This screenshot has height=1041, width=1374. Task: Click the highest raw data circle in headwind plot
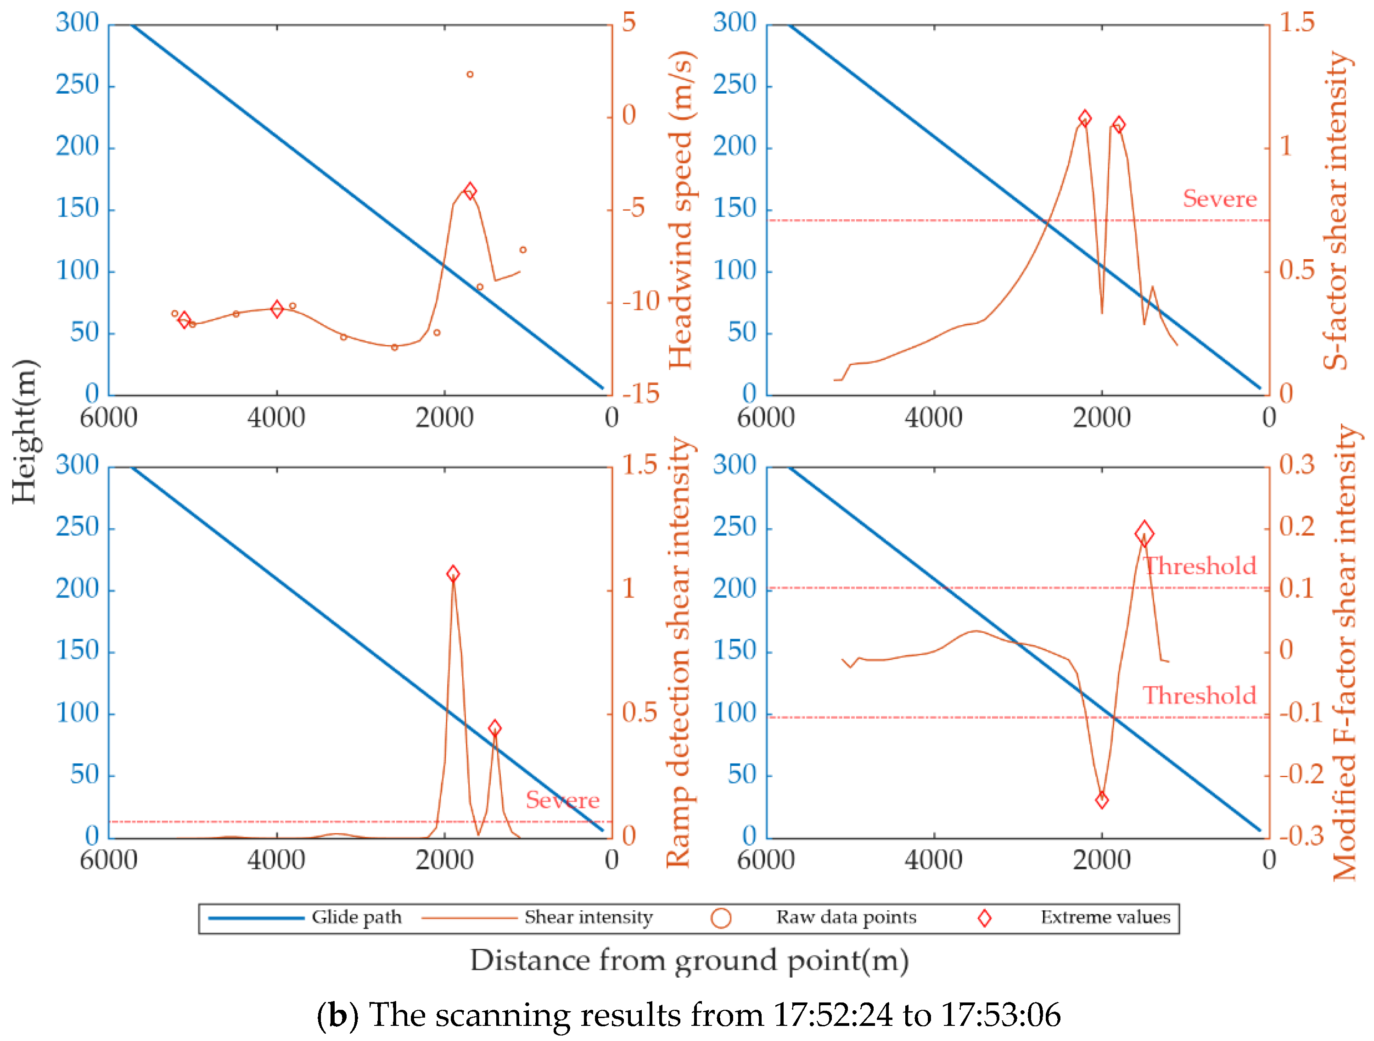[470, 74]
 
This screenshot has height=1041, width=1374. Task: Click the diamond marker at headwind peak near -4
[470, 190]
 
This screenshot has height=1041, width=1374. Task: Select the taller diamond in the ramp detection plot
[454, 573]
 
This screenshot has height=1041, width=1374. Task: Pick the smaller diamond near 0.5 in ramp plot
[494, 728]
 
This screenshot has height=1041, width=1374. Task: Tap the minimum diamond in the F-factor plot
[1102, 800]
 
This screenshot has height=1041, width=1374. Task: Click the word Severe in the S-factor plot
[1219, 199]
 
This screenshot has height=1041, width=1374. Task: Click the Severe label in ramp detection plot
[562, 800]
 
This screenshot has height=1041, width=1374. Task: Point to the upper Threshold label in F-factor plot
[1200, 566]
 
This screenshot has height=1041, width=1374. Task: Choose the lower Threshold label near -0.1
[1200, 695]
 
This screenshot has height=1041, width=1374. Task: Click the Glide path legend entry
[356, 918]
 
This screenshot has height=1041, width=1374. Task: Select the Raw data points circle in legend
[721, 918]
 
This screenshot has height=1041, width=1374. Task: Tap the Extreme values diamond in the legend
[985, 918]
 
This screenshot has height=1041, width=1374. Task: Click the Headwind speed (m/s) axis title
[681, 210]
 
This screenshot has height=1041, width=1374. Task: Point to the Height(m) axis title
[25, 431]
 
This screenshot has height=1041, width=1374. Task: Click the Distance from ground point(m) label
[690, 960]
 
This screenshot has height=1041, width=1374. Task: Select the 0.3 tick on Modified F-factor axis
[1296, 464]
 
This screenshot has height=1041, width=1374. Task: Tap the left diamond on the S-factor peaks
[1084, 118]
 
